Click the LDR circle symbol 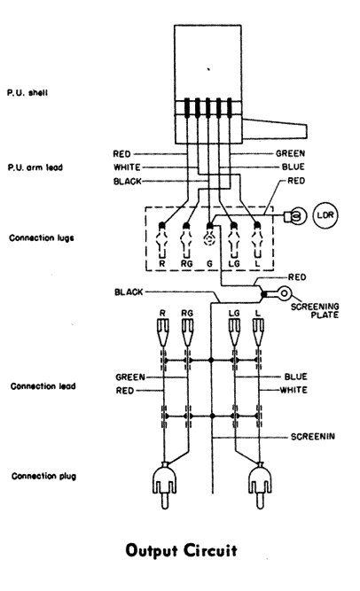(x=325, y=215)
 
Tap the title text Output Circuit (x=181, y=550)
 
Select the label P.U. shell (x=27, y=92)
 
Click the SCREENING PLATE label (x=315, y=311)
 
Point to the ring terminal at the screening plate (x=284, y=293)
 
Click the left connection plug (x=165, y=486)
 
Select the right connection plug (x=260, y=486)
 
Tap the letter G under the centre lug (x=209, y=264)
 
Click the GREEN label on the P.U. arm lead (x=290, y=153)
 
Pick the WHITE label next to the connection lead (x=293, y=390)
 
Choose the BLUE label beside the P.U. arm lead (x=293, y=167)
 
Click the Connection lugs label (x=42, y=238)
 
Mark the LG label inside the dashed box (x=234, y=264)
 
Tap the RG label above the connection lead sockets (x=187, y=313)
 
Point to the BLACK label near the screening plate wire (x=129, y=292)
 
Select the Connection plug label (x=43, y=476)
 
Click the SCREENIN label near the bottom (x=312, y=437)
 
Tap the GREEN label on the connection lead (x=130, y=377)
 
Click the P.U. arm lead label (x=35, y=167)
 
